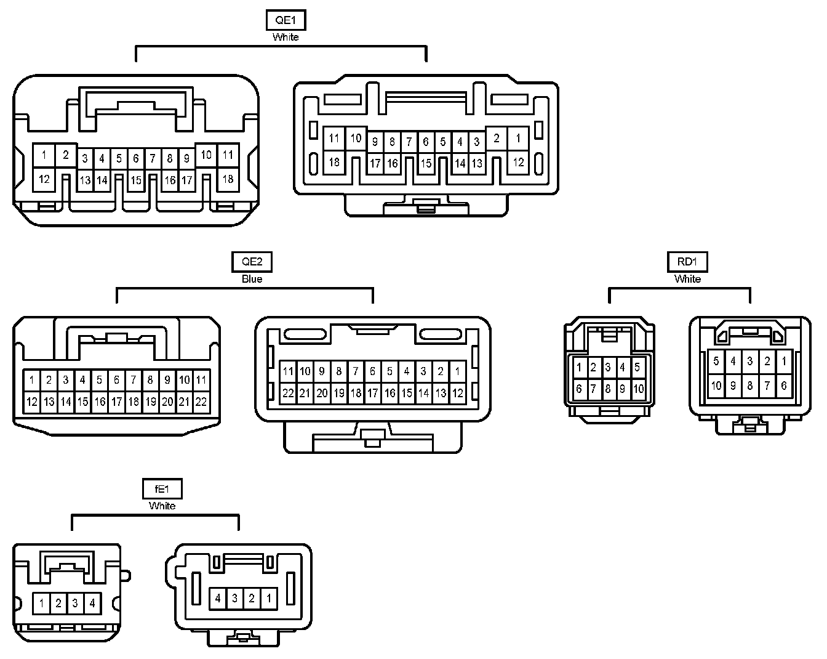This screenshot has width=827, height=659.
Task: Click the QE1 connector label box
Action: click(286, 20)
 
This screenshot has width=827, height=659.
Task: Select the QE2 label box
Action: click(252, 262)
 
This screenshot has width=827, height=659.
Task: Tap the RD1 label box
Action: click(687, 262)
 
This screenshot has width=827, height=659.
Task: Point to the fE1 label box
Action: click(162, 489)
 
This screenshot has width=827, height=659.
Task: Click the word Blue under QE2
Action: click(252, 279)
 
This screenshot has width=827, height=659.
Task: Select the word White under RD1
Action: click(687, 279)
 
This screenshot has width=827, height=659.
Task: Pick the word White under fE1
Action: click(162, 506)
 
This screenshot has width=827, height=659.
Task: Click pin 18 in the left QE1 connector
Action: click(228, 179)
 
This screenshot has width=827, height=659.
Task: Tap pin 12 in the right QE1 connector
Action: click(518, 163)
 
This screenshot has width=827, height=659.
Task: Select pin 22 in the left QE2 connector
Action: click(201, 402)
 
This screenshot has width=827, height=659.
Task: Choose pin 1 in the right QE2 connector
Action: click(457, 371)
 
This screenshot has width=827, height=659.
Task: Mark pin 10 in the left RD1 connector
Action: click(638, 389)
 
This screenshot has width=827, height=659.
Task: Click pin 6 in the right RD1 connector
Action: click(783, 386)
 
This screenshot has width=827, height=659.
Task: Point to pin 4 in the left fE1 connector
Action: click(92, 603)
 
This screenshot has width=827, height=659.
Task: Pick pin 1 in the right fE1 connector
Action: click(269, 598)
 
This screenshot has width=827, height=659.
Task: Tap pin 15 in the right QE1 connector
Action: click(426, 164)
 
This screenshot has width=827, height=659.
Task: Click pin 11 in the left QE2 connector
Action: click(201, 380)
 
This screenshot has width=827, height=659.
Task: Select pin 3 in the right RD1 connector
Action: click(749, 362)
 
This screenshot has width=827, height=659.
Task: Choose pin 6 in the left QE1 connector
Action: click(136, 159)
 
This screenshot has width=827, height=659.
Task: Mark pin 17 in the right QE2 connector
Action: click(372, 393)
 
